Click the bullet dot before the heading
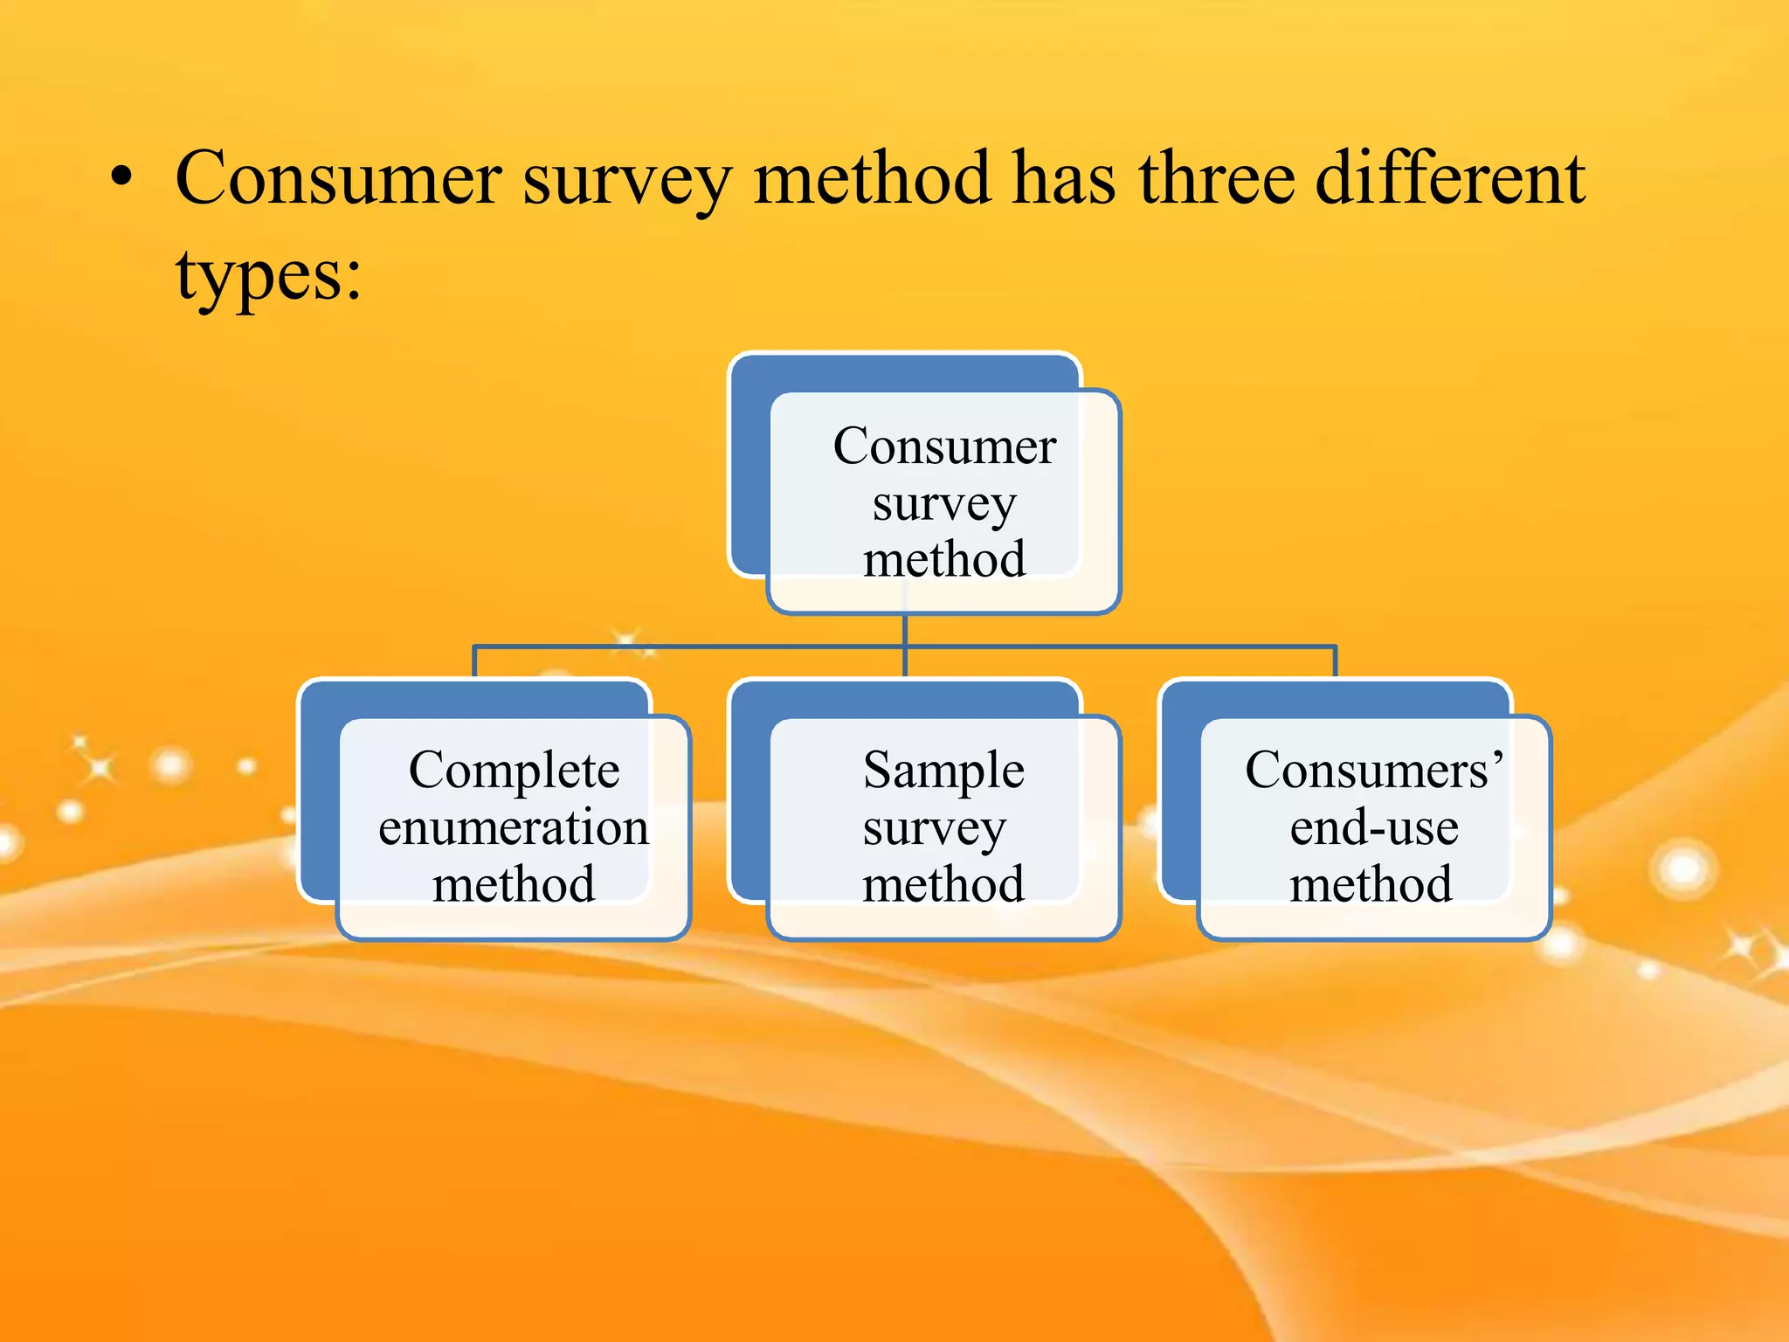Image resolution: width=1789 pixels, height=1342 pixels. (121, 179)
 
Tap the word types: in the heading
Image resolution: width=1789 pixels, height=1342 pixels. (268, 276)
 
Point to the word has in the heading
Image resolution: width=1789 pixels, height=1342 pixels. (1063, 179)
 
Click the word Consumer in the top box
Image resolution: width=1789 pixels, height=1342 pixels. (944, 446)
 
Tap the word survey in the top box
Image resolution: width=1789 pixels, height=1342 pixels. (944, 504)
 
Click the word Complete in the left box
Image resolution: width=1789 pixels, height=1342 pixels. (514, 771)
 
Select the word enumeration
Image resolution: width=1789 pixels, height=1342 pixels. (514, 827)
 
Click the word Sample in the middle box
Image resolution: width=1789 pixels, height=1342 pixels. (943, 771)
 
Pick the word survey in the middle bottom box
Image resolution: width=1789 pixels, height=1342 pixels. (934, 827)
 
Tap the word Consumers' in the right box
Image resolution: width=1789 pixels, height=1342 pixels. (1373, 771)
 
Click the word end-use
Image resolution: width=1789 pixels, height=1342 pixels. (1373, 827)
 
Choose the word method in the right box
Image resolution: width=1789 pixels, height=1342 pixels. (1371, 884)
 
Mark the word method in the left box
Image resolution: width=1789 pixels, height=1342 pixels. (514, 884)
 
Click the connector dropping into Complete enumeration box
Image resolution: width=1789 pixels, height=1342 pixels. (474, 661)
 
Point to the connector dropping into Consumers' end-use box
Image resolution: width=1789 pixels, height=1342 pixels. (1336, 661)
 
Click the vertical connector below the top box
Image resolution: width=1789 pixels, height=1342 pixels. (905, 631)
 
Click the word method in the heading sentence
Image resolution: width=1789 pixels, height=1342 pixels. (871, 179)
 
